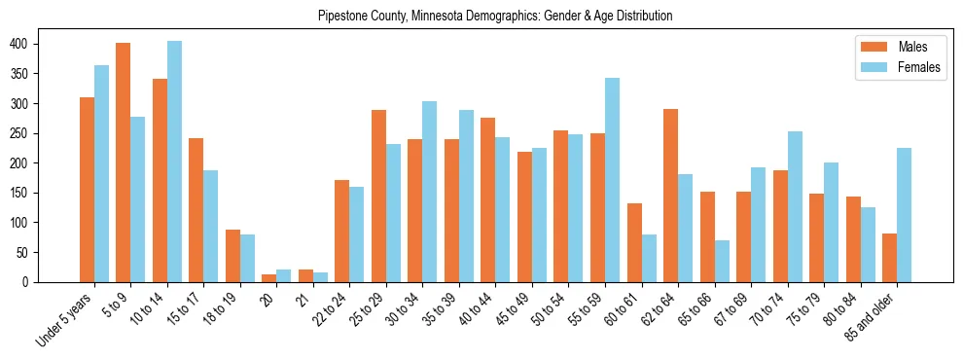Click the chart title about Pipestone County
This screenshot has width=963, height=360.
(495, 17)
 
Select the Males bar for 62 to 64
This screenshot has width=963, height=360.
(671, 196)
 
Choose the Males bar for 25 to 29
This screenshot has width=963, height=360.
(378, 196)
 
